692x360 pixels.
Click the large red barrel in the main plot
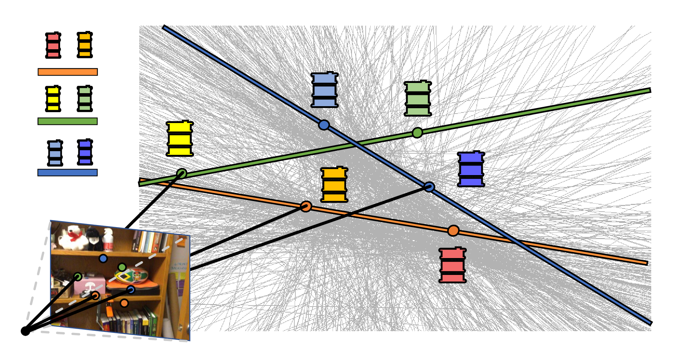pyautogui.click(x=453, y=265)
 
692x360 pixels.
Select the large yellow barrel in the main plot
pyautogui.click(x=180, y=139)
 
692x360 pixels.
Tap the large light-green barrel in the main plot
pyautogui.click(x=418, y=98)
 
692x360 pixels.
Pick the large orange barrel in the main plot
pyautogui.click(x=334, y=184)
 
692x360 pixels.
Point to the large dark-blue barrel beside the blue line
pyautogui.click(x=471, y=169)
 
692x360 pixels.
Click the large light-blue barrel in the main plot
pyautogui.click(x=324, y=90)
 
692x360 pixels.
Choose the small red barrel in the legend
pyautogui.click(x=53, y=45)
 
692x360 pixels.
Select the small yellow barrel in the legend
pyautogui.click(x=53, y=99)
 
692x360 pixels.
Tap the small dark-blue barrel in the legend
pyautogui.click(x=85, y=152)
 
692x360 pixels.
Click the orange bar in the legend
pyautogui.click(x=68, y=72)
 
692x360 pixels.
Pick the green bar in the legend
pyautogui.click(x=68, y=121)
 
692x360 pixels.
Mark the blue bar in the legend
pyautogui.click(x=68, y=173)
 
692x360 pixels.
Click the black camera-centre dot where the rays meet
pyautogui.click(x=25, y=331)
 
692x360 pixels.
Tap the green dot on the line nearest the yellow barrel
pyautogui.click(x=182, y=174)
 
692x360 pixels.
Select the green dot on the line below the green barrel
pyautogui.click(x=417, y=133)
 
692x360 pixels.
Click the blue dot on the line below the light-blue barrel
pyautogui.click(x=324, y=125)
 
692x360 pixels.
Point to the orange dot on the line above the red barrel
pyautogui.click(x=453, y=231)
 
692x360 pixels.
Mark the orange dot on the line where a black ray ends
pyautogui.click(x=306, y=206)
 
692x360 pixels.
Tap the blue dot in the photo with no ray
pyautogui.click(x=103, y=259)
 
